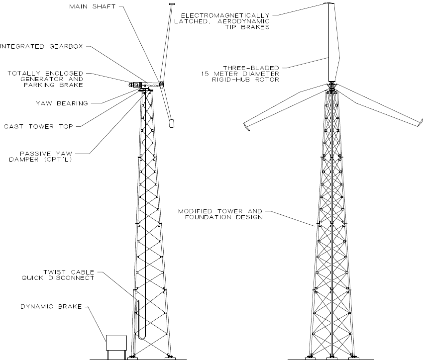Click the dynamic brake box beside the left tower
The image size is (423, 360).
click(116, 344)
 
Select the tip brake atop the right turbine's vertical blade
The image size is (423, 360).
click(328, 3)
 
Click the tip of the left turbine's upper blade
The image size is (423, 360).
click(172, 4)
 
